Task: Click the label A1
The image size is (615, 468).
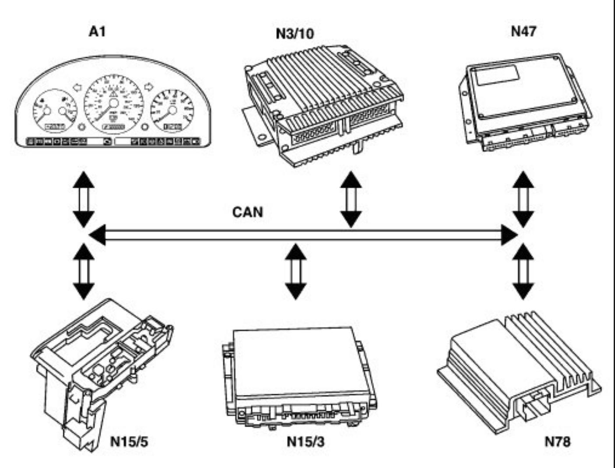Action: [97, 32]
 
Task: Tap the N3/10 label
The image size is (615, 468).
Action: [295, 34]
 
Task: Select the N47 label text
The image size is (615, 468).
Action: [523, 32]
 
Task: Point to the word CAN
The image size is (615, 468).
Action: [247, 212]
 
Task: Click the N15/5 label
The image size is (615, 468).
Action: [129, 441]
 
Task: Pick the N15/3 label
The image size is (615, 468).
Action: [306, 441]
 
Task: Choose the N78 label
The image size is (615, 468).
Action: [558, 441]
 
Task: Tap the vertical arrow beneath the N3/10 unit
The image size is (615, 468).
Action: [351, 198]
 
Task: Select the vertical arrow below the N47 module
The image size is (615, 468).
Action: [523, 198]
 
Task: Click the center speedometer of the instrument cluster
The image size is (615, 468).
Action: [113, 104]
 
